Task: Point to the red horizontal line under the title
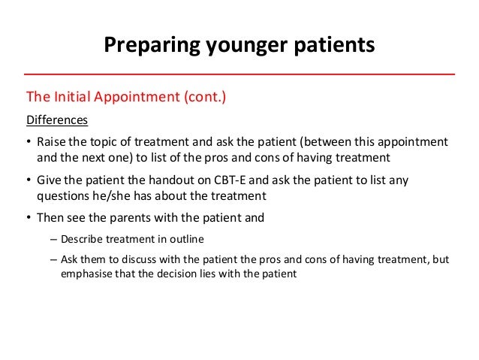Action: point(239,75)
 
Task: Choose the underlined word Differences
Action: point(57,119)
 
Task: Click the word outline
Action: point(204,240)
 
